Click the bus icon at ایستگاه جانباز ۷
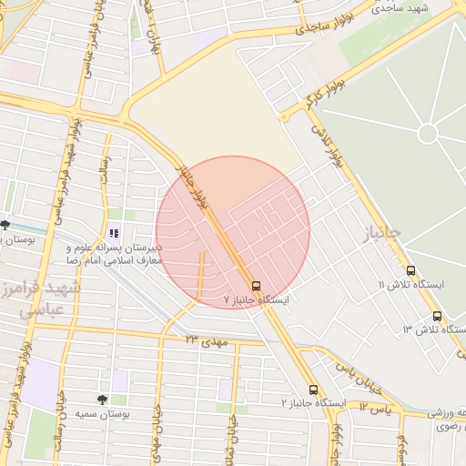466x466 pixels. [x=256, y=284]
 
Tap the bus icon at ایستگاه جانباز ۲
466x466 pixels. [x=313, y=389]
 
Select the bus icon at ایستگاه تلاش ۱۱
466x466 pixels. [x=411, y=270]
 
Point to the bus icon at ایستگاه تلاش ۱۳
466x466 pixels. [x=438, y=316]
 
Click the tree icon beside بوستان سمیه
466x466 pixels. [x=101, y=399]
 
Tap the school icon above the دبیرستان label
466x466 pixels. [x=114, y=233]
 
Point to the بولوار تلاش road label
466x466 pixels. [x=329, y=145]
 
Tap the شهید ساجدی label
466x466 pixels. [x=404, y=7]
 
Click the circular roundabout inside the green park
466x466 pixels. [x=427, y=133]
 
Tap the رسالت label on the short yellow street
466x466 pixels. [x=103, y=168]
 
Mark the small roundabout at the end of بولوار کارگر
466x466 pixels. [x=285, y=116]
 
